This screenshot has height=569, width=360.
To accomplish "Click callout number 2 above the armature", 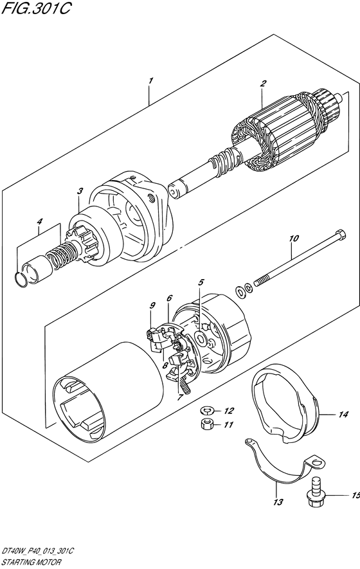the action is coord(263,84).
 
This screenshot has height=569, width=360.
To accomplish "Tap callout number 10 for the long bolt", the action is coord(294,239).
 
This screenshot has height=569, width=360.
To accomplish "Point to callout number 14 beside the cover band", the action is coord(343,414).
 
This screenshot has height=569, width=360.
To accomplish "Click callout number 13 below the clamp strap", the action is coord(278,502).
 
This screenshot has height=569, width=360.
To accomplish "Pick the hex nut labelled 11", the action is coord(207,424).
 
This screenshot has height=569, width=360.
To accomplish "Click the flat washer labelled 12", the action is coord(206,411).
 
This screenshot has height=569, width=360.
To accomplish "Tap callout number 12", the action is coord(229,411).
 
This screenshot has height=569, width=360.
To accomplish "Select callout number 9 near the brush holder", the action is coord(152,305).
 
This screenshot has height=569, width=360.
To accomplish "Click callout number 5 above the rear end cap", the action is coord(201,282).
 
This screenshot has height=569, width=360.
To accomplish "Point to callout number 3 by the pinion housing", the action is coord(80,191).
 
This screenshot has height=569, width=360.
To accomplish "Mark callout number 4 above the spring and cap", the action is coord(40,221).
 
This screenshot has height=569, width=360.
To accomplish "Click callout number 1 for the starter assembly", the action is coord(151,80).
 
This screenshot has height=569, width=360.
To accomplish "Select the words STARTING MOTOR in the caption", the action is coord(30,563).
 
